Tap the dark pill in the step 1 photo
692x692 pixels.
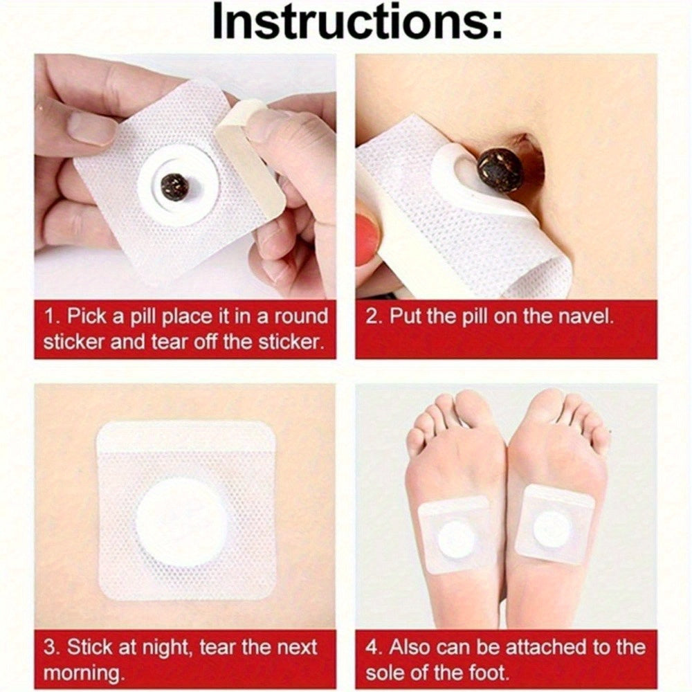click(x=175, y=185)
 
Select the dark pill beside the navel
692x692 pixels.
click(x=501, y=167)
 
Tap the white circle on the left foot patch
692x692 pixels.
click(x=457, y=540)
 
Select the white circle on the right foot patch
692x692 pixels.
click(x=552, y=529)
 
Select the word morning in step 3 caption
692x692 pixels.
click(x=82, y=673)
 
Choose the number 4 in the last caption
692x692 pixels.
click(x=373, y=648)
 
